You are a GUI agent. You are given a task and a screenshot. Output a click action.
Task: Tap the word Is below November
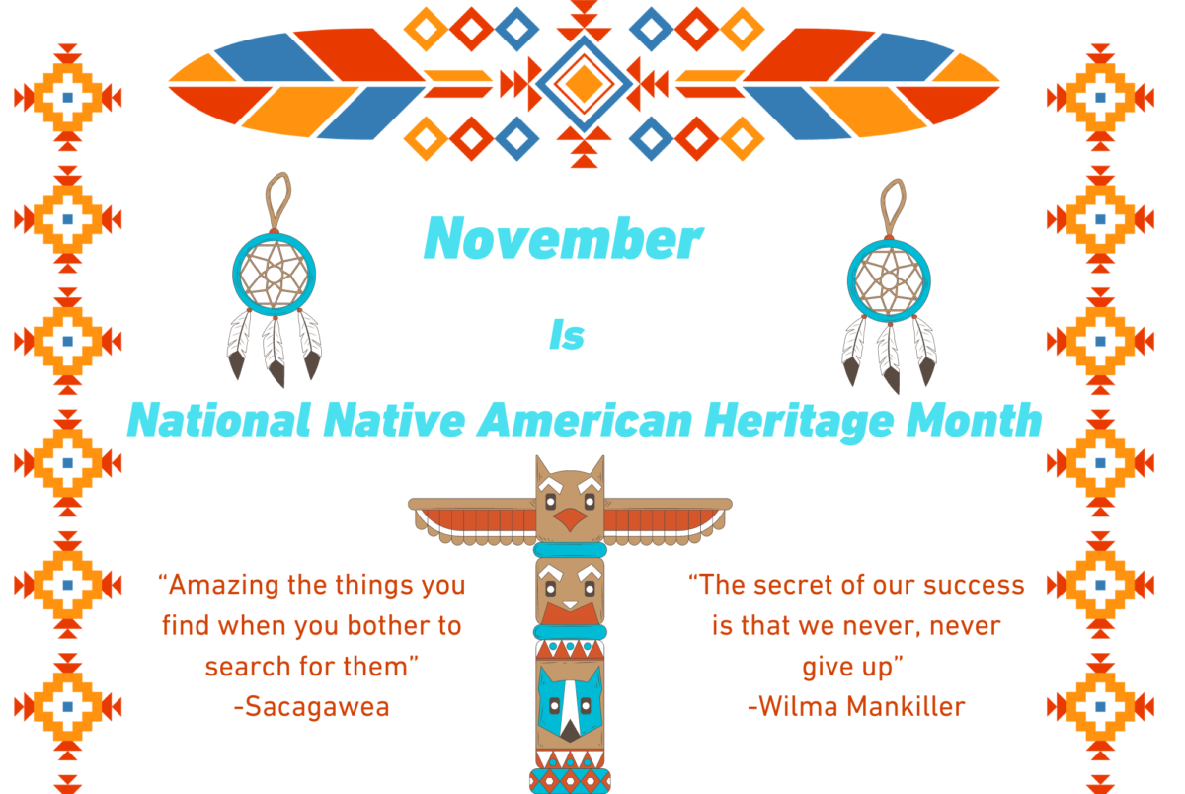click(x=567, y=336)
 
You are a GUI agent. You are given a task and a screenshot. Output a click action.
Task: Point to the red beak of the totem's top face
click(x=570, y=520)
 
